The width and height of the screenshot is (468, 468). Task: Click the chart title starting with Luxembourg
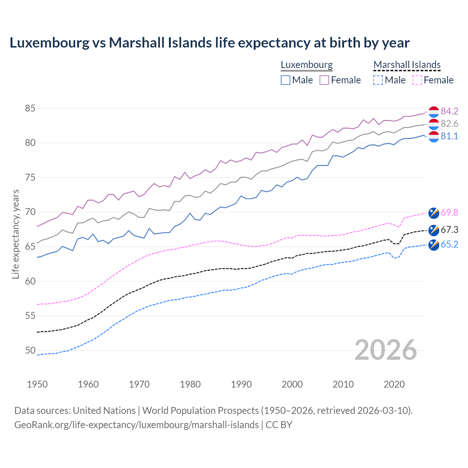pyautogui.click(x=210, y=43)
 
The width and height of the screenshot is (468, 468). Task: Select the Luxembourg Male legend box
pyautogui.click(x=286, y=80)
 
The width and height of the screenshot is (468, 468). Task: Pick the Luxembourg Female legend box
pyautogui.click(x=324, y=80)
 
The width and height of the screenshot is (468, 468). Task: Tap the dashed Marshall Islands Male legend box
pyautogui.click(x=378, y=80)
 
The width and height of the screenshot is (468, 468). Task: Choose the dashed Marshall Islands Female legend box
pyautogui.click(x=417, y=80)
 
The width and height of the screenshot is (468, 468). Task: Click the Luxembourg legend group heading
pyautogui.click(x=307, y=65)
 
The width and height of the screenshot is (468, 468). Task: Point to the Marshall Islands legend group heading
pyautogui.click(x=407, y=65)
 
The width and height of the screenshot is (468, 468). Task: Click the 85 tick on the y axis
pyautogui.click(x=30, y=109)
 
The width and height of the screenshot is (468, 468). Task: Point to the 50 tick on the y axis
pyautogui.click(x=30, y=351)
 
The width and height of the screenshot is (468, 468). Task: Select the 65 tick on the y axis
pyautogui.click(x=30, y=247)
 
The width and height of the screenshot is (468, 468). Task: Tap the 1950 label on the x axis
pyautogui.click(x=37, y=384)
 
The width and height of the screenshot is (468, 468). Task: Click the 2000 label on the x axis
pyautogui.click(x=292, y=384)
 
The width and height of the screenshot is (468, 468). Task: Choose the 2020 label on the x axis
pyautogui.click(x=394, y=384)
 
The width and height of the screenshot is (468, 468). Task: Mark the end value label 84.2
pyautogui.click(x=449, y=111)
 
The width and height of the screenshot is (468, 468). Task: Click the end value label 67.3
pyautogui.click(x=449, y=230)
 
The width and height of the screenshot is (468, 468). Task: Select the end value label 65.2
pyautogui.click(x=449, y=245)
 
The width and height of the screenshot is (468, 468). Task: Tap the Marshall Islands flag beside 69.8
pyautogui.click(x=434, y=213)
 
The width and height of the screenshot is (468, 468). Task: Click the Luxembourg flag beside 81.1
pyautogui.click(x=434, y=136)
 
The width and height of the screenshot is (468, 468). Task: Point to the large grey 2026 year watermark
pyautogui.click(x=386, y=350)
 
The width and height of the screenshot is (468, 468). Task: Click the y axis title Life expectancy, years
pyautogui.click(x=15, y=234)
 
